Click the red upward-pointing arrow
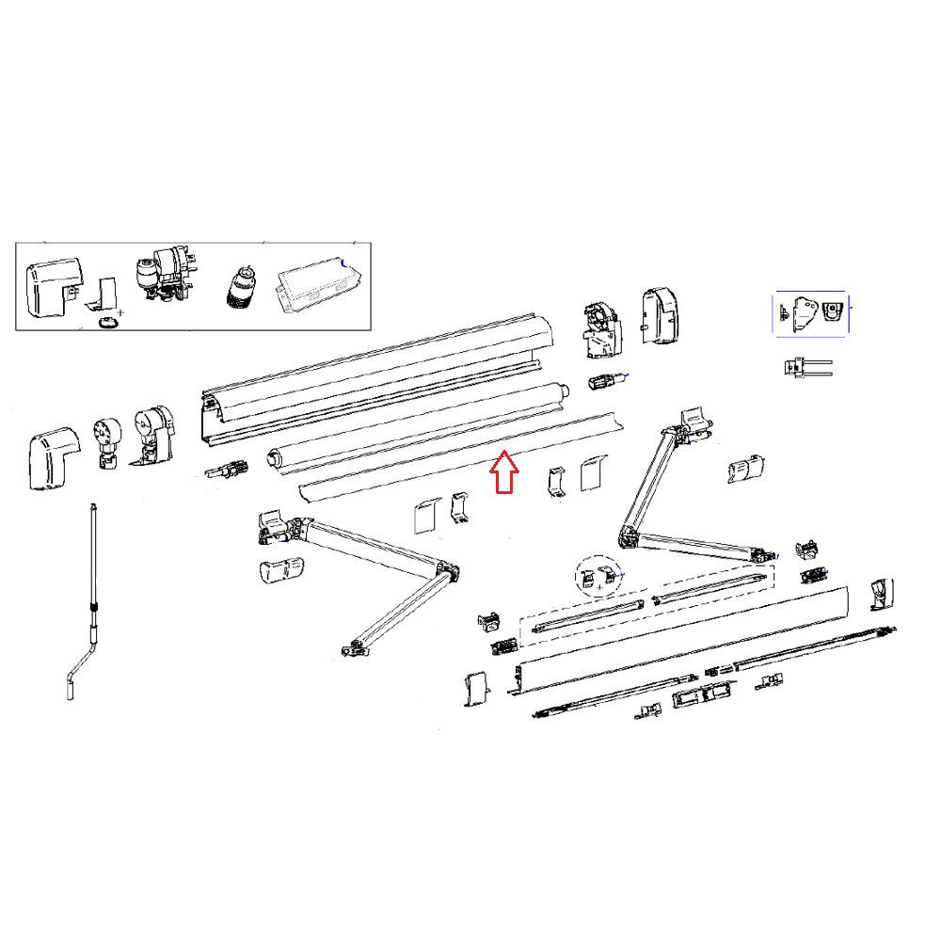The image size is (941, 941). [x=505, y=471]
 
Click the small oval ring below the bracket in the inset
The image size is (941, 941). [x=109, y=323]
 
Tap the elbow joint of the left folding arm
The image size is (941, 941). [x=447, y=571]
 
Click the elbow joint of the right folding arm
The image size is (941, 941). [x=627, y=538]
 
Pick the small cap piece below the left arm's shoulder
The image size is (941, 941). [x=280, y=570]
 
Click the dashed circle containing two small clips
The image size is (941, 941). [x=600, y=578]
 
